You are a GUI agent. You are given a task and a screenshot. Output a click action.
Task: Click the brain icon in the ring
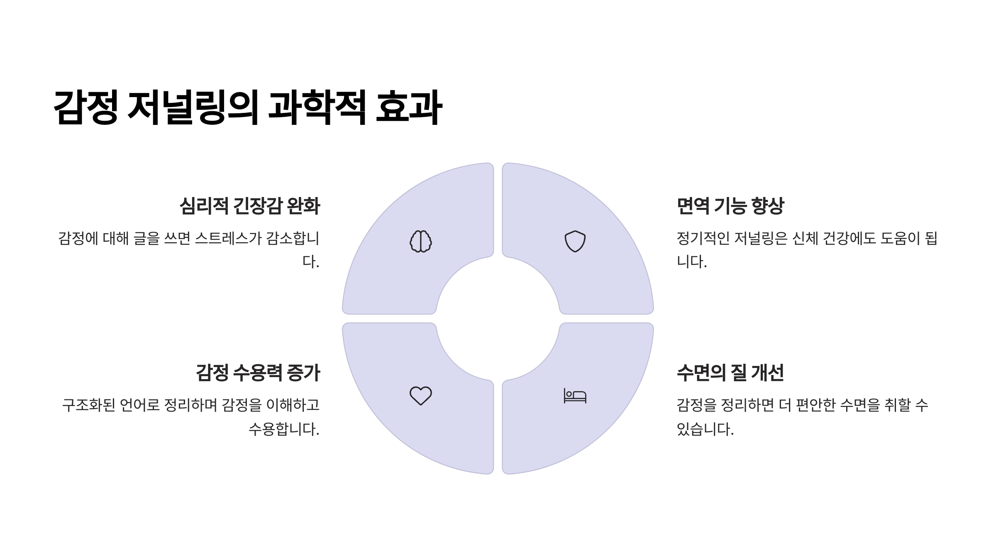[x=421, y=241]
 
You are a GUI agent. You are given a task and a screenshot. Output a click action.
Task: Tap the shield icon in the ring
[x=575, y=241]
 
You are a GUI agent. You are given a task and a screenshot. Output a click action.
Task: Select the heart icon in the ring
[x=421, y=396]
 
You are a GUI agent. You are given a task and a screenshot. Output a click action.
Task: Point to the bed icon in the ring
[x=575, y=396]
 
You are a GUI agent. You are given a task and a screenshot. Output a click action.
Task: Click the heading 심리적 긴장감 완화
[x=249, y=206]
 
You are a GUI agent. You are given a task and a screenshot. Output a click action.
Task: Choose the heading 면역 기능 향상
[x=730, y=206]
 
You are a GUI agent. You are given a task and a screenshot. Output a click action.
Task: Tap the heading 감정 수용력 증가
[x=258, y=373]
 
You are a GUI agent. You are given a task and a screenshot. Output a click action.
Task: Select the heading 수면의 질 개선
[x=730, y=373]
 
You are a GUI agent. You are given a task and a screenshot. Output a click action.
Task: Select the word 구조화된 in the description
[x=88, y=405]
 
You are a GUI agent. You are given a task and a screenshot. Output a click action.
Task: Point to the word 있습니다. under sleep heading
[x=705, y=429]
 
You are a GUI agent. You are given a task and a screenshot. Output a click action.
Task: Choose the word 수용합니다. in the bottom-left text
[x=284, y=429]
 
